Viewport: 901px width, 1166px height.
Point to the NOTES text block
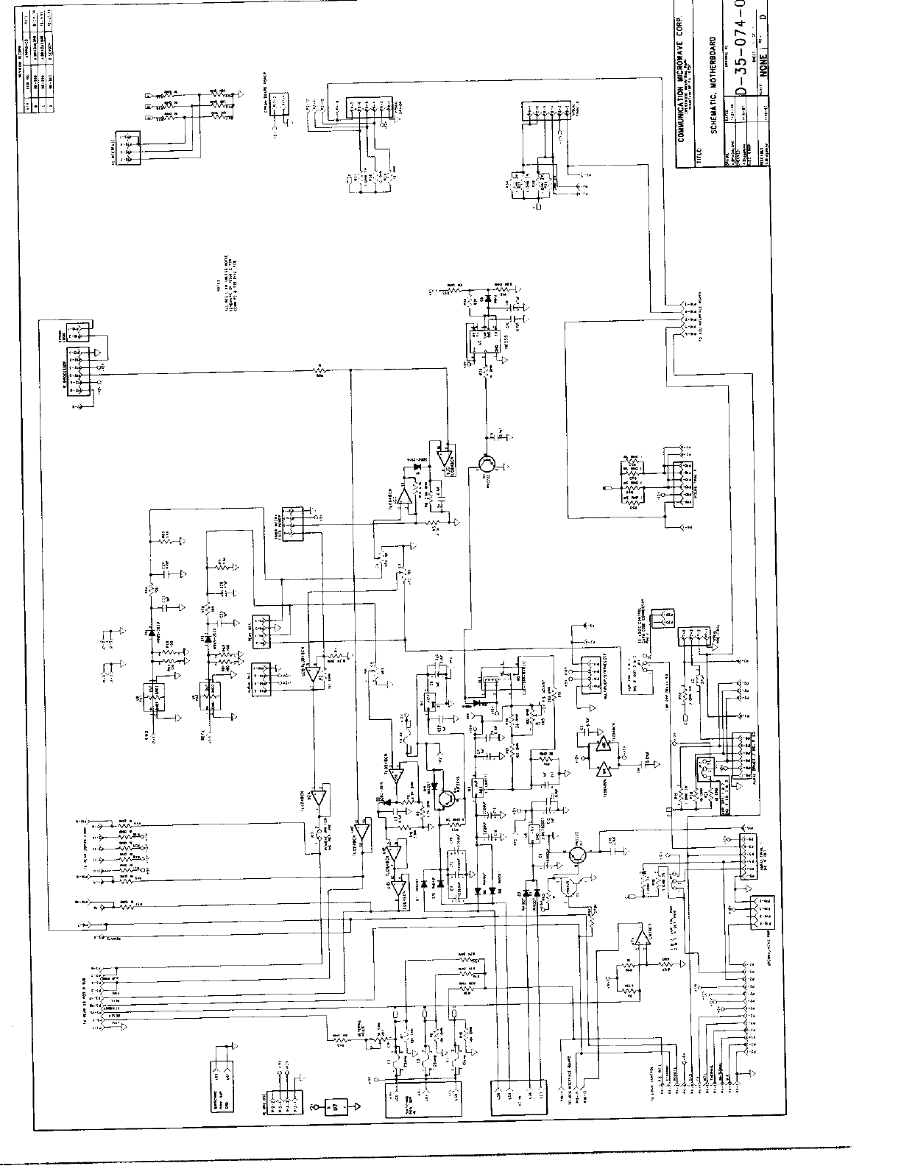(x=227, y=298)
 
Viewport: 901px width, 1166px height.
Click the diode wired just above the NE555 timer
(x=487, y=300)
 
